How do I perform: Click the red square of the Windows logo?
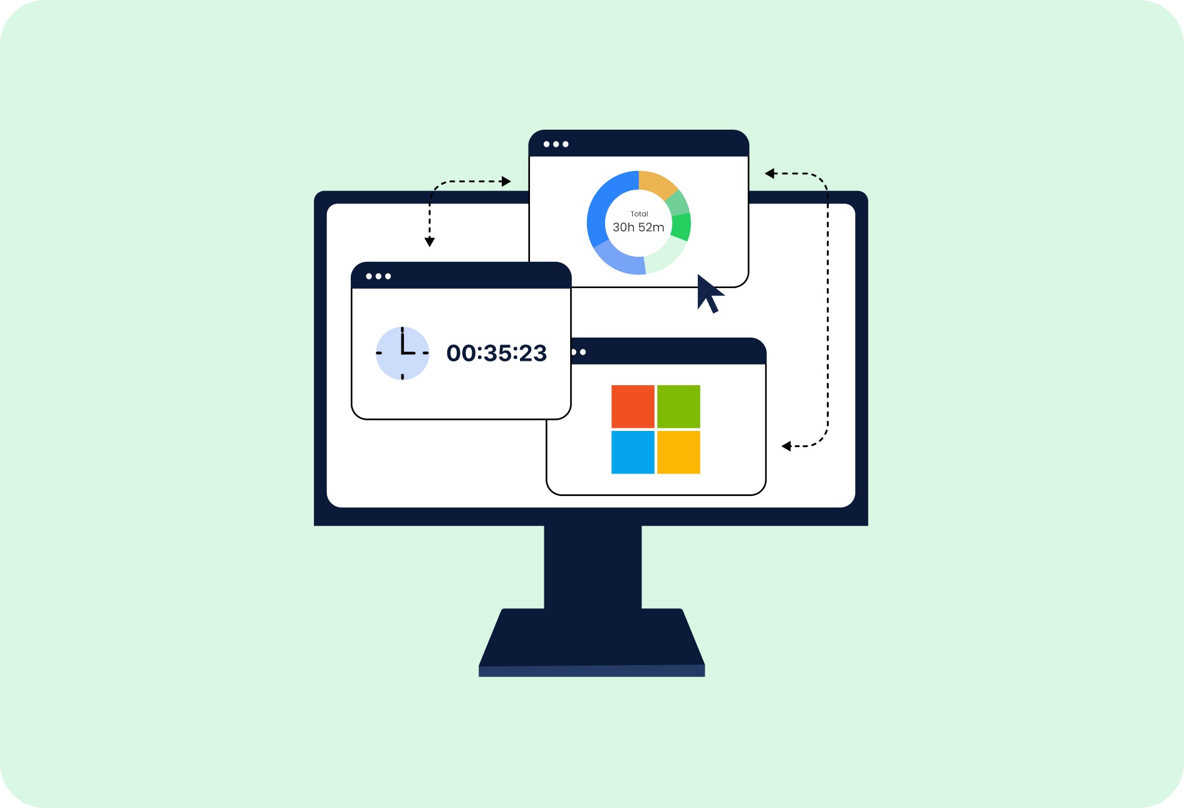pyautogui.click(x=633, y=407)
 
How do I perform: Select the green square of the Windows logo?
pyautogui.click(x=678, y=407)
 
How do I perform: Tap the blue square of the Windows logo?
pyautogui.click(x=633, y=452)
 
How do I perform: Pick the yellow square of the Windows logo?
pyautogui.click(x=678, y=452)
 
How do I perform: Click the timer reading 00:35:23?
pyautogui.click(x=497, y=353)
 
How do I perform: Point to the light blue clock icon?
pyautogui.click(x=402, y=353)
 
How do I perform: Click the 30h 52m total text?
pyautogui.click(x=638, y=227)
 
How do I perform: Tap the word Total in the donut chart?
pyautogui.click(x=639, y=214)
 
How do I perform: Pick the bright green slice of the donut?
pyautogui.click(x=681, y=227)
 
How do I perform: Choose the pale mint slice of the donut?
pyautogui.click(x=665, y=257)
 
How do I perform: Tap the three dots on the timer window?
pyautogui.click(x=378, y=276)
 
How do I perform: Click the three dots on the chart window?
pyautogui.click(x=556, y=144)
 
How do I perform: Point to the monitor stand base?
pyautogui.click(x=592, y=643)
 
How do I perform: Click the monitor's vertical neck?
pyautogui.click(x=593, y=567)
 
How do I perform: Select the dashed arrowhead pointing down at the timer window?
pyautogui.click(x=430, y=242)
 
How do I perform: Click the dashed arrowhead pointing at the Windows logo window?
pyautogui.click(x=786, y=446)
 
